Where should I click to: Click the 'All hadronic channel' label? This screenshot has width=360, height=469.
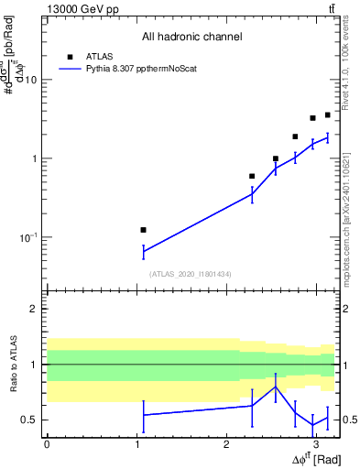tap(191, 37)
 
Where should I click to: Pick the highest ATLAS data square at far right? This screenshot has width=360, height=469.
tap(327, 115)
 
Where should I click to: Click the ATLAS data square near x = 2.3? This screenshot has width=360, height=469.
tap(252, 176)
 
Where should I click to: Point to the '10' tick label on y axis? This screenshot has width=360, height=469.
tap(29, 80)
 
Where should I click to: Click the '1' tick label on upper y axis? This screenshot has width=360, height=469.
tap(33, 158)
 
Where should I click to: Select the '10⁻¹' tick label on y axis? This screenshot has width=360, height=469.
tap(27, 237)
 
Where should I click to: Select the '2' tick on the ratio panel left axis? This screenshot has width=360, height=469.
tap(35, 309)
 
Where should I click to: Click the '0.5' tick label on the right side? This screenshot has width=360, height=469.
tap(348, 420)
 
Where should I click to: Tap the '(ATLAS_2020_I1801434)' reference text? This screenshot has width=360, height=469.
tap(191, 273)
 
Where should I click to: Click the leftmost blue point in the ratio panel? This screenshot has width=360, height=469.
tap(143, 415)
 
